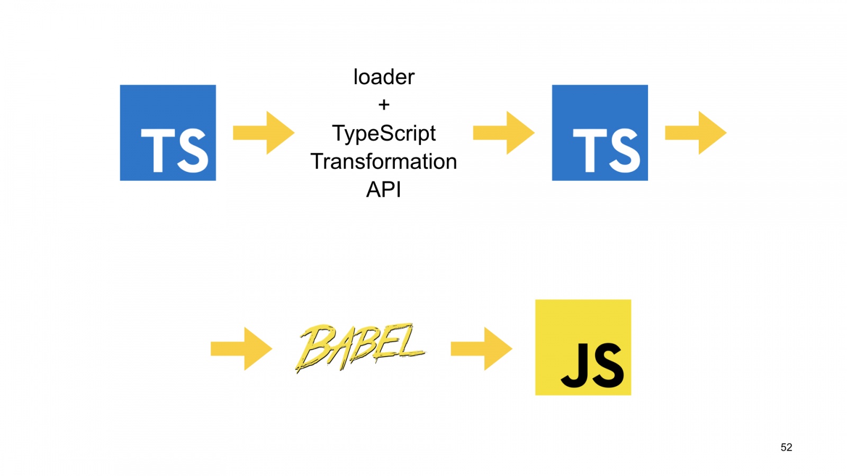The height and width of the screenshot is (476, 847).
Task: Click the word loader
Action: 384,77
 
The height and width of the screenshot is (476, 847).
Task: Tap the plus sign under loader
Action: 384,105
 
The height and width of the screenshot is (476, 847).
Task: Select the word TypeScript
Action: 384,133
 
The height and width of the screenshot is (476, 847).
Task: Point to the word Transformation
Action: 384,161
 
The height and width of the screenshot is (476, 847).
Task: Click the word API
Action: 384,189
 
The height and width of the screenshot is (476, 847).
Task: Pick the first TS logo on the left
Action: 168,133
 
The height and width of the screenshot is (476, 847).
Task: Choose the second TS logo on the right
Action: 600,133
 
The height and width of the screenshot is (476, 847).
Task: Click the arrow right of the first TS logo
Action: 264,133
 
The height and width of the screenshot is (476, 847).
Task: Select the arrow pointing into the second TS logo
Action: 503,133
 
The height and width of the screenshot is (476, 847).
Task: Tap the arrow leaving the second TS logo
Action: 696,133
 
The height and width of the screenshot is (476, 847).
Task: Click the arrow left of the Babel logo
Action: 241,349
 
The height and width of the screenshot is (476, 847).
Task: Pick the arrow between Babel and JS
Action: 481,349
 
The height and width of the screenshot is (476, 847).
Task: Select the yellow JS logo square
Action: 583,347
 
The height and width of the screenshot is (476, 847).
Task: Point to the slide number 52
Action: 786,447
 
